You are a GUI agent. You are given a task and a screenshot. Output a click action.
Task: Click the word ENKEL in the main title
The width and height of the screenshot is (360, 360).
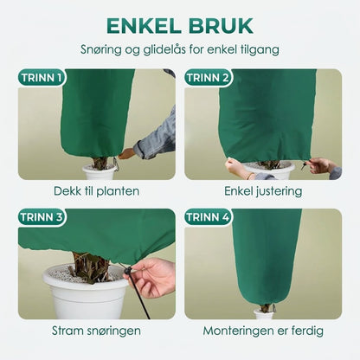[x=144, y=26]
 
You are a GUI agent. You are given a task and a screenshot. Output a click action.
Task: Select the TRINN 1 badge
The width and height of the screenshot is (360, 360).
[x=42, y=78]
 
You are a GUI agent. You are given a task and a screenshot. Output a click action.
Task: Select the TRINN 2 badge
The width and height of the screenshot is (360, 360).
[x=208, y=78]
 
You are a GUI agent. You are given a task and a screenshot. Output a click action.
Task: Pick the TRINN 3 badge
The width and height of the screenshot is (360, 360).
[x=42, y=217]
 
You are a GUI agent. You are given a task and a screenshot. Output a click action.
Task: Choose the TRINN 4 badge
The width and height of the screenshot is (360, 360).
[x=208, y=217]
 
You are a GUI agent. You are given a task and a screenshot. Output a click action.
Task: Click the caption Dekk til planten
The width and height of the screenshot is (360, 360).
[x=96, y=191]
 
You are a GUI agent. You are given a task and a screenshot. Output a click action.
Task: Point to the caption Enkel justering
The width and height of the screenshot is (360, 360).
[x=263, y=191]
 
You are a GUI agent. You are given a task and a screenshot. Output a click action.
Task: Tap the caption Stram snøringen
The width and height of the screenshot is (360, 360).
[x=96, y=331]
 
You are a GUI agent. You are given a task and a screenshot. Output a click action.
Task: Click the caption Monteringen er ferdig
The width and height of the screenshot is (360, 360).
[x=263, y=331]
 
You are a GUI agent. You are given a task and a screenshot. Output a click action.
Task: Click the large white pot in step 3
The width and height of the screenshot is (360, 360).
[x=86, y=294]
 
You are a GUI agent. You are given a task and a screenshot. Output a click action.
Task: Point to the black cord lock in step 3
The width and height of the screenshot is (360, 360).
[x=127, y=272]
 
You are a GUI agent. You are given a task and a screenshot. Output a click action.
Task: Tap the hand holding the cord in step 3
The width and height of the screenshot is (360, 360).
[x=152, y=277]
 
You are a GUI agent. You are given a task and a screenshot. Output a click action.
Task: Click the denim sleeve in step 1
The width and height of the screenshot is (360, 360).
[x=157, y=136]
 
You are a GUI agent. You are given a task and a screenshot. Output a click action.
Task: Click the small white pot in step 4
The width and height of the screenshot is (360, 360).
[x=263, y=314]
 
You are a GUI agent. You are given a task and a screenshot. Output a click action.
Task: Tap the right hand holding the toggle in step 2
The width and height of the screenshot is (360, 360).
[x=323, y=166]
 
